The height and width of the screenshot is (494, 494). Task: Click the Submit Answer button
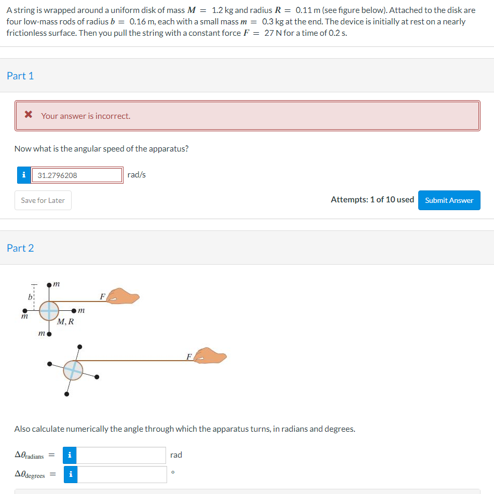point(449,200)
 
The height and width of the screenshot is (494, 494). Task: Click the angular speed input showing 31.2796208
point(77,175)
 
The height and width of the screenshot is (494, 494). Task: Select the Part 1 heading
point(20,76)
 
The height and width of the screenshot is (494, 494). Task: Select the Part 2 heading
point(20,248)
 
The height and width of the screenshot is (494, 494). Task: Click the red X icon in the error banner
point(29,116)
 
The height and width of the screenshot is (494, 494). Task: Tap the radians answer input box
point(121,455)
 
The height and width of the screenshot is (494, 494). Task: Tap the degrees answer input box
point(122,474)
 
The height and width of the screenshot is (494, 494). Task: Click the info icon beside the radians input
point(70,455)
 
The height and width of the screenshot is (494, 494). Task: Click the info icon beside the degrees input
point(70,474)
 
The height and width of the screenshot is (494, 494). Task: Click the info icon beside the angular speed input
point(23,175)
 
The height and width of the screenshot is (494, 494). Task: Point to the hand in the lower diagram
point(211,356)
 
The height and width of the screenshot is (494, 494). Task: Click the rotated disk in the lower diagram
point(73,370)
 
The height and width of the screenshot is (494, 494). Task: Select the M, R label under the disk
point(65,322)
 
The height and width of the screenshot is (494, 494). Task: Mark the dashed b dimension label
point(30,298)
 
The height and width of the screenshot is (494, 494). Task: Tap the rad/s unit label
point(136,175)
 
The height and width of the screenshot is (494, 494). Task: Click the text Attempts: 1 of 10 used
point(372,200)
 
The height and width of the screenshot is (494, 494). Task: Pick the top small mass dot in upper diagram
point(49,285)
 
